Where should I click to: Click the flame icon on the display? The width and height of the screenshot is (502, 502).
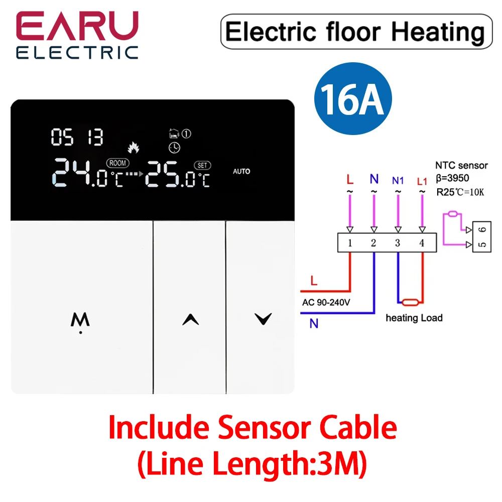click(134, 148)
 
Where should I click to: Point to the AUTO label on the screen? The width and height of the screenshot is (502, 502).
click(241, 171)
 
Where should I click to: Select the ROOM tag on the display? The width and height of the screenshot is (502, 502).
click(117, 163)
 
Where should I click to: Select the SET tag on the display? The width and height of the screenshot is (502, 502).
click(202, 165)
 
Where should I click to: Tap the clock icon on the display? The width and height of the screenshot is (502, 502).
click(173, 148)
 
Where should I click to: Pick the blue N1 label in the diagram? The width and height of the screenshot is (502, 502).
click(397, 179)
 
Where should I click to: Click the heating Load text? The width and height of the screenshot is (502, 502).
click(414, 318)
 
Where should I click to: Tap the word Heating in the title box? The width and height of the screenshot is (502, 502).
click(438, 32)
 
